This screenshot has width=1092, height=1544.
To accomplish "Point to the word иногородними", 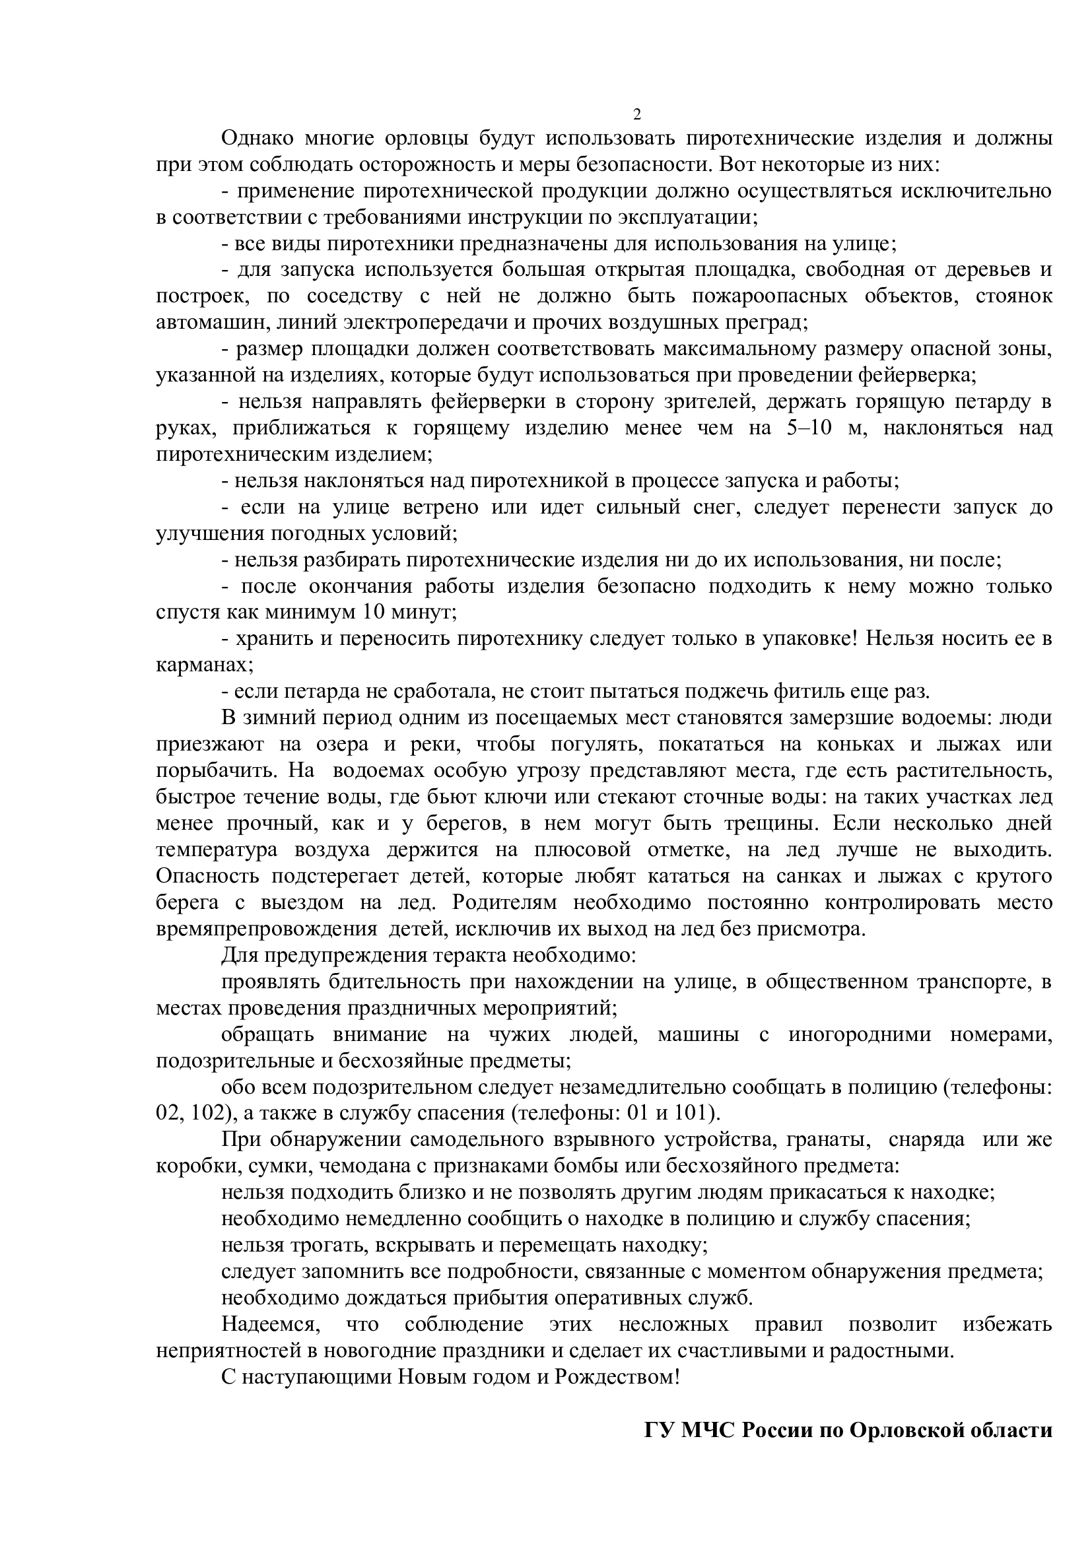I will pyautogui.click(x=860, y=1034).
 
